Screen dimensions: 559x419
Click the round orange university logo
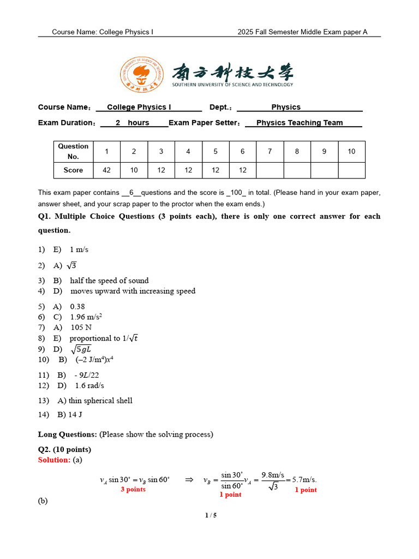[x=142, y=75]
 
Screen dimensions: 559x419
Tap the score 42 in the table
[x=106, y=170]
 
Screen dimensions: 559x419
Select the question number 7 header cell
[x=270, y=151]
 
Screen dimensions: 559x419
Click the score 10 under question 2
[x=134, y=170]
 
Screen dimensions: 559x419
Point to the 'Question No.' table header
[x=73, y=151]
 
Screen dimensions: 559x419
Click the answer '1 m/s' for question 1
[x=79, y=249]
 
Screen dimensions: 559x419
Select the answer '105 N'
[x=81, y=328]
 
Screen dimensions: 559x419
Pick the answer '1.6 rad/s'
[x=89, y=385]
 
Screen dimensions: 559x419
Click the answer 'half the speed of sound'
[x=109, y=281]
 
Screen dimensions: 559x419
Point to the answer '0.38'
[x=77, y=307]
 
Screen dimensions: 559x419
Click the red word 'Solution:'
[x=54, y=460]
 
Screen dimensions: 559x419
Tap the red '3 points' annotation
[x=133, y=490]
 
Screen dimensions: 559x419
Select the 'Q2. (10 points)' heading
[x=64, y=450]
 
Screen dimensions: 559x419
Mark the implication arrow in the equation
[x=189, y=480]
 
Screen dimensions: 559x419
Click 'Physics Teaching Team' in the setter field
[x=300, y=123]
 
